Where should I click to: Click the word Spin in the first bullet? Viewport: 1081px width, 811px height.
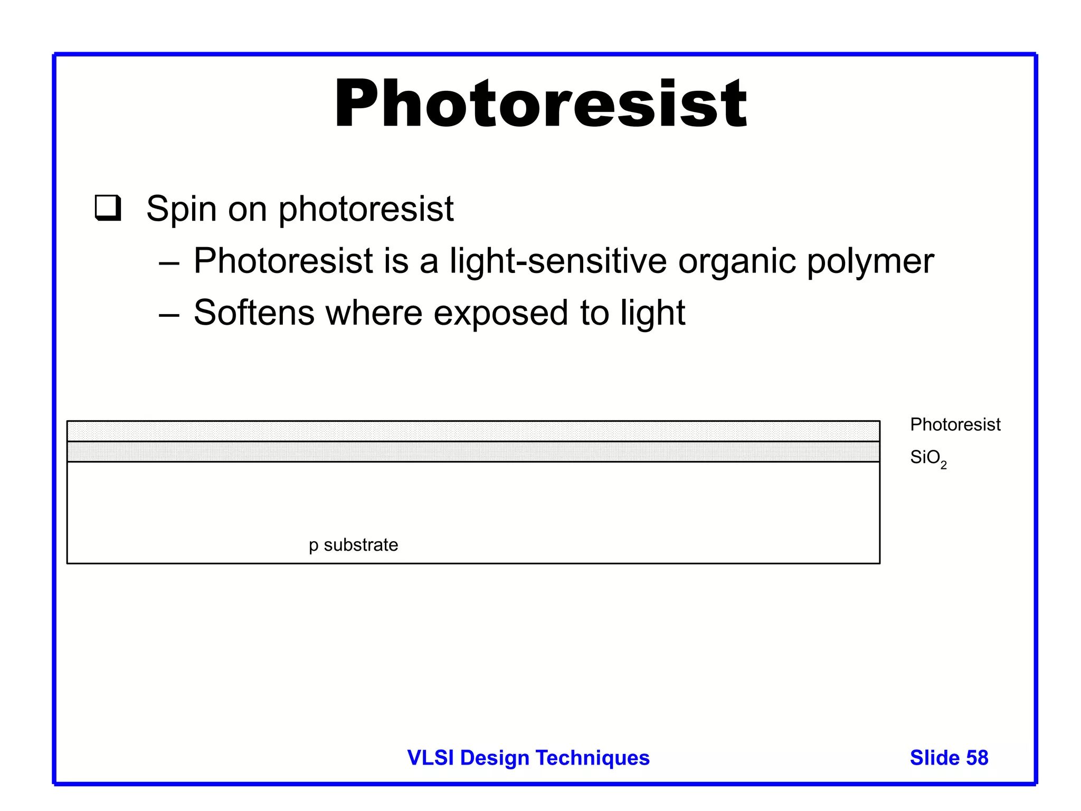tap(181, 210)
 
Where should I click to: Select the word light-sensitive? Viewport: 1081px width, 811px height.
tap(558, 261)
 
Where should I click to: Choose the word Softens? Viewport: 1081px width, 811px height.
tap(254, 313)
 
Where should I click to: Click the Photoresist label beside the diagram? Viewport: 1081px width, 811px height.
tap(955, 425)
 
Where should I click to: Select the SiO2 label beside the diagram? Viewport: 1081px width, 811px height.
tap(928, 458)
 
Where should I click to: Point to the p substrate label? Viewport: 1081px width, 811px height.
tap(353, 545)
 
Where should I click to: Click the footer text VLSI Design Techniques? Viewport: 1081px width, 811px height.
tap(528, 758)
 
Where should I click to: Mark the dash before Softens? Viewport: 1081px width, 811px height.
tap(169, 314)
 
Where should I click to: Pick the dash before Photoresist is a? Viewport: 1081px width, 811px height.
tap(169, 262)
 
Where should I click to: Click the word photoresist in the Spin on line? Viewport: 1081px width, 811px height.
tap(366, 210)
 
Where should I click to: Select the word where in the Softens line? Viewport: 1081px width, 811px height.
tap(374, 313)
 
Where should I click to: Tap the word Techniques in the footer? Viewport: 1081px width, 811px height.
tap(593, 758)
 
